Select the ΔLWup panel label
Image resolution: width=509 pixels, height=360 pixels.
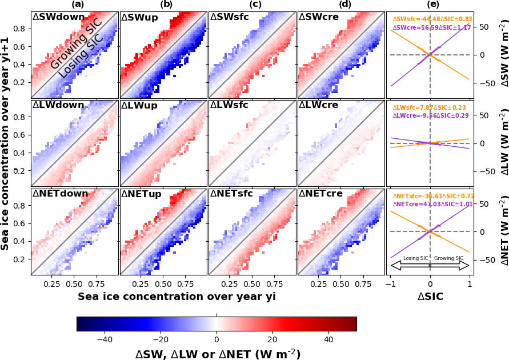(x=141, y=106)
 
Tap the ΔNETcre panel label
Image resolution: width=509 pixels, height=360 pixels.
(x=321, y=194)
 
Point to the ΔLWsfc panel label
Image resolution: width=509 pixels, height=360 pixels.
(x=230, y=106)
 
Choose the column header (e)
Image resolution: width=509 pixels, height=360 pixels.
(x=430, y=5)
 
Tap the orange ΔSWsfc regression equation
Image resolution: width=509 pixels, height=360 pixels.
(x=432, y=19)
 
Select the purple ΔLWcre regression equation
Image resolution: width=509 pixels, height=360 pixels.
(x=430, y=115)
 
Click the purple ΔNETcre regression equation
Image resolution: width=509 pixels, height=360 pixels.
(x=432, y=203)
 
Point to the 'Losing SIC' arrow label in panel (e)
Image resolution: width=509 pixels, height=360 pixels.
(x=415, y=258)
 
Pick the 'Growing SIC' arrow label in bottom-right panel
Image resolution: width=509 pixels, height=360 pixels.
(x=448, y=258)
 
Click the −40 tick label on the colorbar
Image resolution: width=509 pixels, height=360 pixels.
(x=105, y=339)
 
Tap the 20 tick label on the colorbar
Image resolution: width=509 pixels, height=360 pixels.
(x=272, y=339)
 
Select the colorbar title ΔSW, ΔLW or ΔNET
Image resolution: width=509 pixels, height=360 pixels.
(x=217, y=354)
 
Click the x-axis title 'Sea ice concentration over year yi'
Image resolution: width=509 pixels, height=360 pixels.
(x=177, y=297)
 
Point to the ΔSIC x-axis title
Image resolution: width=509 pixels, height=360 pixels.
(x=430, y=297)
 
